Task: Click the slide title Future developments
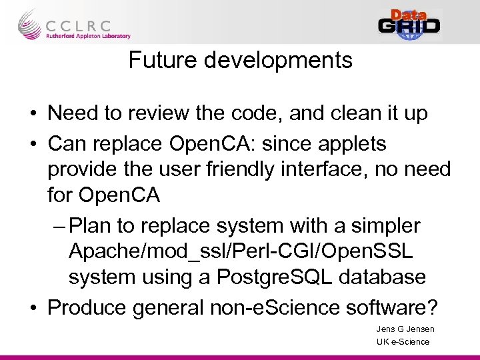coord(240,60)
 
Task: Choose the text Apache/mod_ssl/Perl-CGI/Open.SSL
coord(241,251)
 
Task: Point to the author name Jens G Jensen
coord(405,329)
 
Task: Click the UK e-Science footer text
coord(403,342)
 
